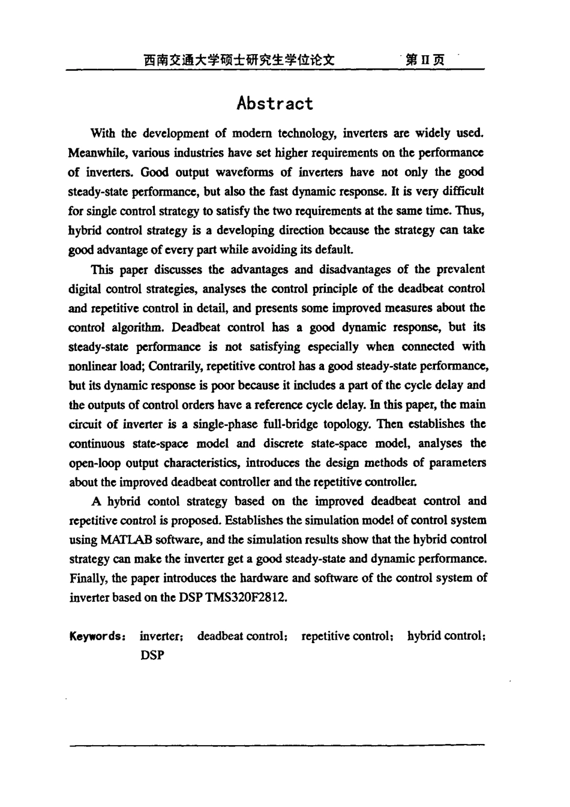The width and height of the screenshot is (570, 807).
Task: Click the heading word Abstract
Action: click(275, 103)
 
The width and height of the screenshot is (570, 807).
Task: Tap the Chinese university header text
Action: click(238, 60)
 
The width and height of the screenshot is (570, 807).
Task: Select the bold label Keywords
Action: click(97, 636)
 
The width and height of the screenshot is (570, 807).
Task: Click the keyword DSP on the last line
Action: click(152, 655)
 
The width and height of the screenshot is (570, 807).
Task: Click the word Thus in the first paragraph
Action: click(469, 211)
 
